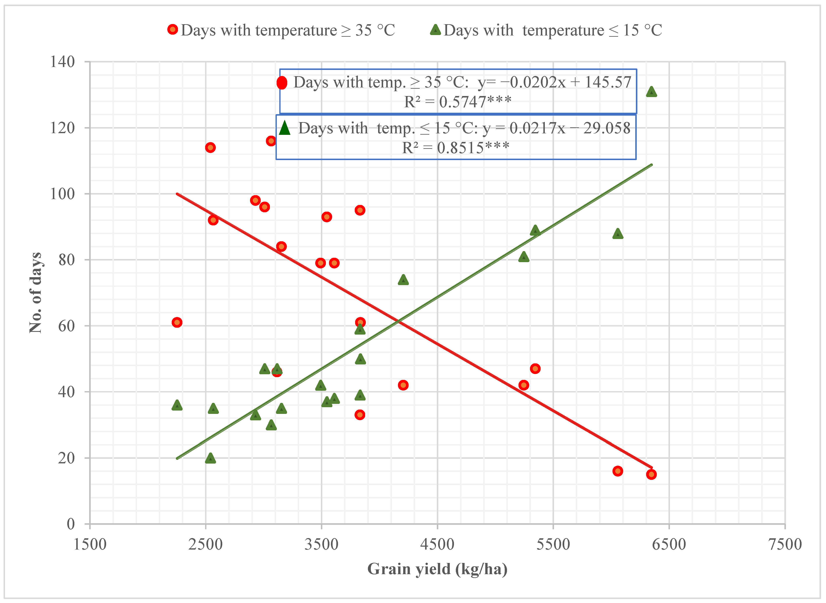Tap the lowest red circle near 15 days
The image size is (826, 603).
[651, 474]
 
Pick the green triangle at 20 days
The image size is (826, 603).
[210, 458]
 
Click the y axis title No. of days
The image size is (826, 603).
[36, 293]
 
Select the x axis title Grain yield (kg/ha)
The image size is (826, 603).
[437, 569]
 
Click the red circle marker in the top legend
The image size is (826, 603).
[172, 29]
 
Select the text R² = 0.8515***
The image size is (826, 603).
[456, 148]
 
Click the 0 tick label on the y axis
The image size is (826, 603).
[71, 524]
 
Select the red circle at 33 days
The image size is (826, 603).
[360, 415]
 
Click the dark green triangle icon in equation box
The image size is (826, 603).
[285, 128]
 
